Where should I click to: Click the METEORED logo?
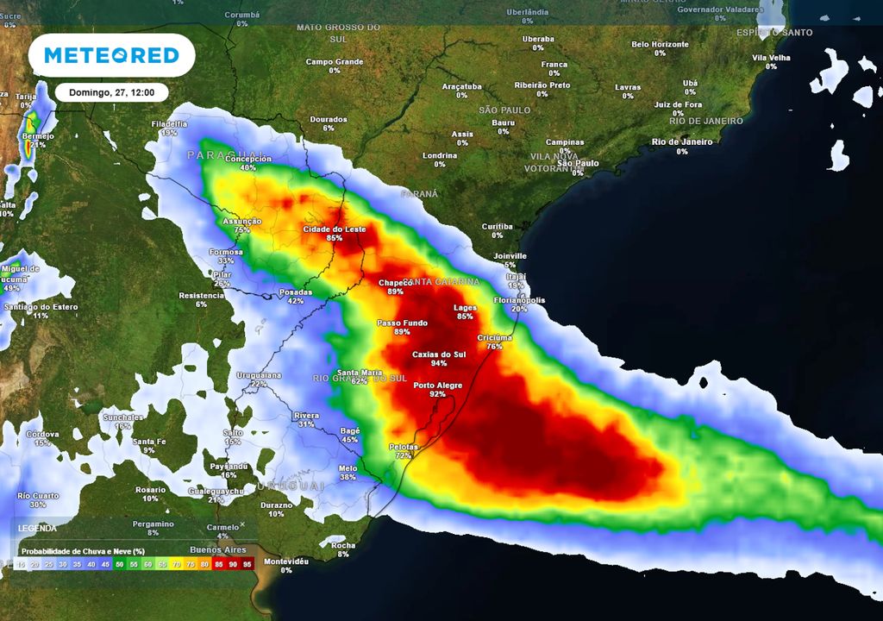point(112,56)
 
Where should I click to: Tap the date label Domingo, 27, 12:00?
point(111,92)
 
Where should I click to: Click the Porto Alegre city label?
point(438,386)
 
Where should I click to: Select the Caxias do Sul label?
point(439,354)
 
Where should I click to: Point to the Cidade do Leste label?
point(335,229)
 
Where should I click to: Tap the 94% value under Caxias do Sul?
point(439,364)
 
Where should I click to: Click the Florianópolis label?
point(519,300)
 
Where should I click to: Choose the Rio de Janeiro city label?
point(683,142)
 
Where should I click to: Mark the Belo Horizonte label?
point(660,44)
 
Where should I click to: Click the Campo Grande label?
point(335,62)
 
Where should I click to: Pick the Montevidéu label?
point(286,561)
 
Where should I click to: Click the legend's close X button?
point(242,524)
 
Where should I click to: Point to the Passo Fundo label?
point(402,323)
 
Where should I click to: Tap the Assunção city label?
point(242,222)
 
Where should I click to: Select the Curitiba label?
point(498,226)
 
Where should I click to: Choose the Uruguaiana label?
point(260,375)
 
